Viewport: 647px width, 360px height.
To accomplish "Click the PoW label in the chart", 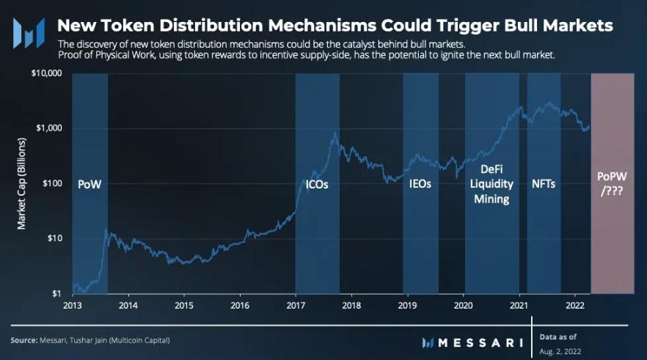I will [x=89, y=185].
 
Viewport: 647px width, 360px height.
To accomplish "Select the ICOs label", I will [x=317, y=185].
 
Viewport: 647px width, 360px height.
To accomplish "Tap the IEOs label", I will [x=420, y=185].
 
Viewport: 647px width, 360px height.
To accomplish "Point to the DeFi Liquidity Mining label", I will [x=491, y=184].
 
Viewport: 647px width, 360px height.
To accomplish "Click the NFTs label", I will [x=543, y=184].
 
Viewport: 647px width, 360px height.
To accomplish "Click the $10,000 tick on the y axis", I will [x=46, y=74].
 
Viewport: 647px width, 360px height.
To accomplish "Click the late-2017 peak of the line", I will [x=335, y=133].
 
